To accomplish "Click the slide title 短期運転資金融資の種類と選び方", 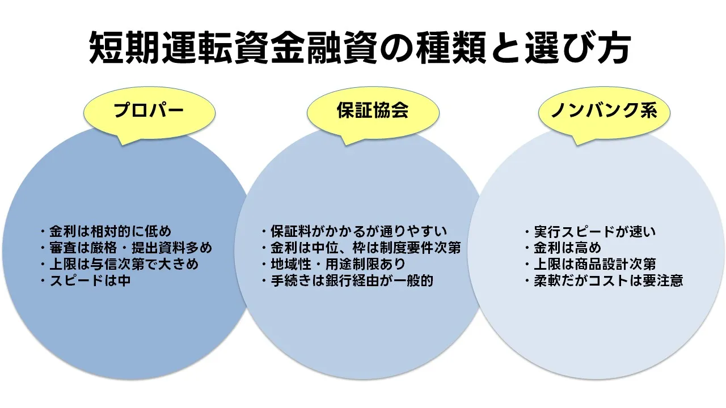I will point(360,48).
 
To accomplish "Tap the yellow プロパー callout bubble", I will point(149,110).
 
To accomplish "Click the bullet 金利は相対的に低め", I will point(105,231).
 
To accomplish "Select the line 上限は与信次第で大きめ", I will point(119,264).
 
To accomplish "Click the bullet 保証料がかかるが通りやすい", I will point(354,231).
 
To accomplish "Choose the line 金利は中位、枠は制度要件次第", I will point(361,248).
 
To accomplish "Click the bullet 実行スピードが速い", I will point(590,231).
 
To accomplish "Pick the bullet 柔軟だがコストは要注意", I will point(603,280).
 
